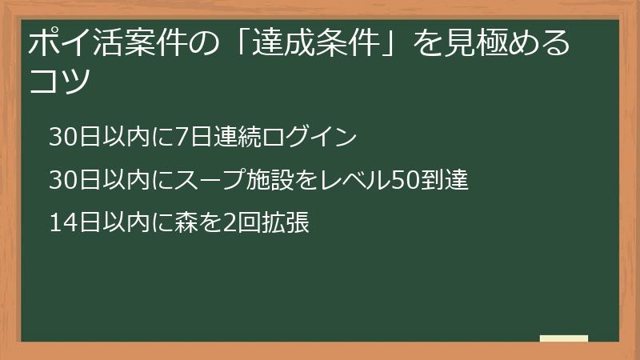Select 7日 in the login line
click(x=189, y=138)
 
